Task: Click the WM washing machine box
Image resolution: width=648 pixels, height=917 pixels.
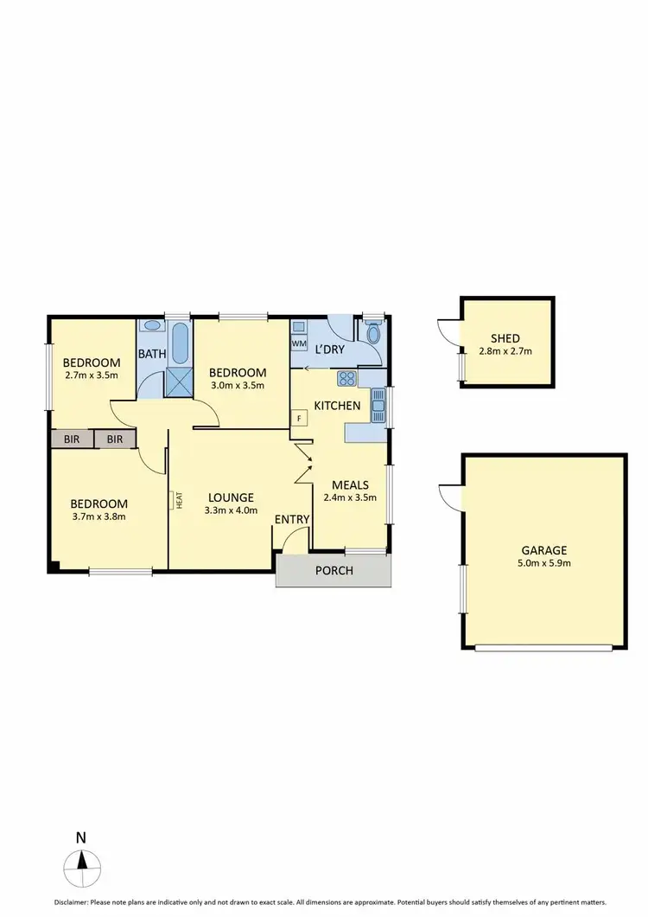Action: (x=299, y=343)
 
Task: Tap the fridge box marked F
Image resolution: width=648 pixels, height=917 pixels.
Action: (x=299, y=419)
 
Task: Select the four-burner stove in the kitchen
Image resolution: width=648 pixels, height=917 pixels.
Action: (x=346, y=377)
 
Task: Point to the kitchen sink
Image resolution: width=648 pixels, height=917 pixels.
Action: (x=378, y=405)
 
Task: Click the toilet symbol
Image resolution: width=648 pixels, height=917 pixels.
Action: (x=374, y=334)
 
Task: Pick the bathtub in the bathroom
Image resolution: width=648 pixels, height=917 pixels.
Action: (x=180, y=343)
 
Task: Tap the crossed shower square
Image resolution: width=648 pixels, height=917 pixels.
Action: (x=180, y=382)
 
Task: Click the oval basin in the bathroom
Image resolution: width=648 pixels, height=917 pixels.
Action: (x=152, y=327)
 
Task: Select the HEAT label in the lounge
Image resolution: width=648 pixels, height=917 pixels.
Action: (x=180, y=500)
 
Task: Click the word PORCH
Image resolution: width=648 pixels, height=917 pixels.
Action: (x=334, y=570)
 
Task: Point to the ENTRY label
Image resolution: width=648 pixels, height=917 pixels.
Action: (x=291, y=519)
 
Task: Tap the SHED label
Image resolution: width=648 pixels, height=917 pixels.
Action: (x=505, y=339)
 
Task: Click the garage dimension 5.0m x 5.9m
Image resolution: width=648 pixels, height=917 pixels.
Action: (x=543, y=563)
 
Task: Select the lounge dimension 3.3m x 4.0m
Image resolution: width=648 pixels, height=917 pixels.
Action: (x=230, y=511)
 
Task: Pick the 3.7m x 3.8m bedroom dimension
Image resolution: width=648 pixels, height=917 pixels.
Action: (x=98, y=517)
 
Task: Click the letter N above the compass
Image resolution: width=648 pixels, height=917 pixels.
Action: (x=80, y=837)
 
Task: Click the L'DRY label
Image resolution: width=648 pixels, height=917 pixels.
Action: (x=329, y=349)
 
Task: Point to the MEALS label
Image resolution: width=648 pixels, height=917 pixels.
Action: (x=351, y=484)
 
